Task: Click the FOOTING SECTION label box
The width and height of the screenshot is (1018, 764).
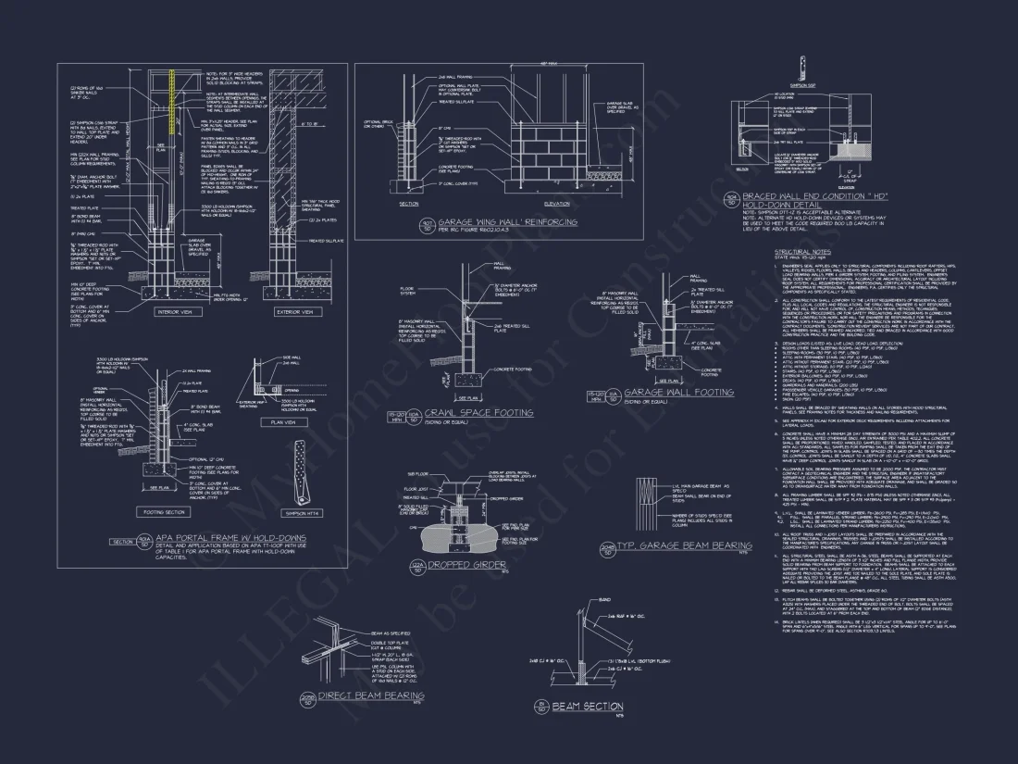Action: [164, 511]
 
